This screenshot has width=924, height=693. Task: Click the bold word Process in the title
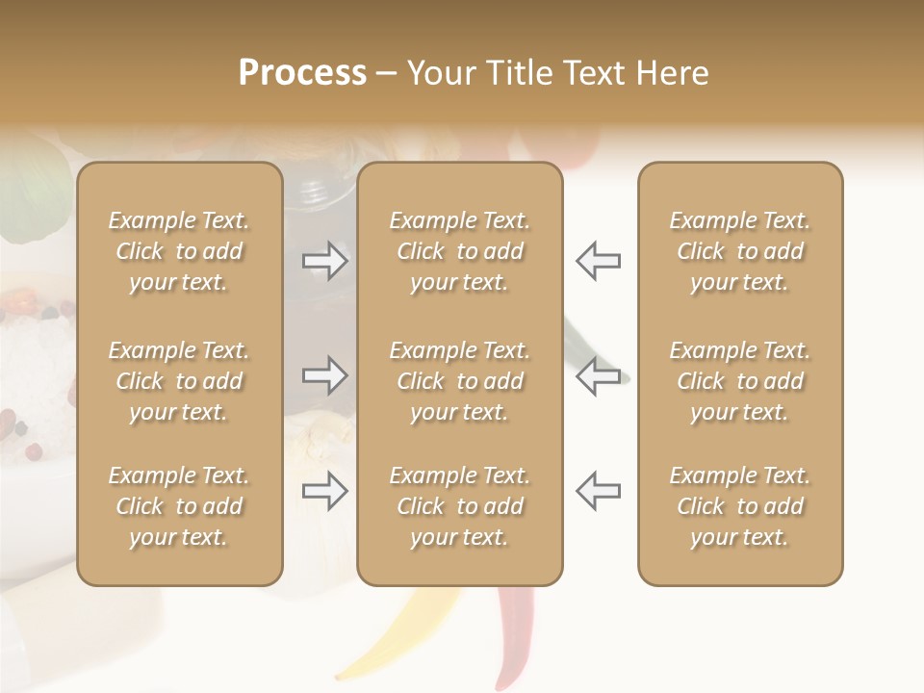pyautogui.click(x=302, y=72)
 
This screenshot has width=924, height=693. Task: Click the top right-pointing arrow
pyautogui.click(x=325, y=261)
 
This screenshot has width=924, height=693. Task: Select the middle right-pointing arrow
pyautogui.click(x=325, y=375)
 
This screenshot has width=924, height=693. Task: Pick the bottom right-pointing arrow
pyautogui.click(x=325, y=491)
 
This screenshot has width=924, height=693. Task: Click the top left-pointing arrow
pyautogui.click(x=598, y=261)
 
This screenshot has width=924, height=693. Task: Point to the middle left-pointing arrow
pyautogui.click(x=598, y=375)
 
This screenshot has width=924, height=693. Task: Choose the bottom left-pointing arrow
pyautogui.click(x=598, y=491)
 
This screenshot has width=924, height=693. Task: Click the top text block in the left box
pyautogui.click(x=179, y=251)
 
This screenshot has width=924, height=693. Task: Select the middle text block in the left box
pyautogui.click(x=179, y=381)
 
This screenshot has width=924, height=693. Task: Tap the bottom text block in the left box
pyautogui.click(x=179, y=506)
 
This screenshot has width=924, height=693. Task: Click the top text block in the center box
pyautogui.click(x=459, y=251)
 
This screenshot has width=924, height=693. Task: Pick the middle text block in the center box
pyautogui.click(x=459, y=381)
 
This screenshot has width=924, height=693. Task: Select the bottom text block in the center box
pyautogui.click(x=459, y=506)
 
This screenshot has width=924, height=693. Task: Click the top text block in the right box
pyautogui.click(x=739, y=251)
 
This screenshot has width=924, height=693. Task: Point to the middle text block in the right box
pyautogui.click(x=739, y=381)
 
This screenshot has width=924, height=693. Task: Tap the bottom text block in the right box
pyautogui.click(x=739, y=506)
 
